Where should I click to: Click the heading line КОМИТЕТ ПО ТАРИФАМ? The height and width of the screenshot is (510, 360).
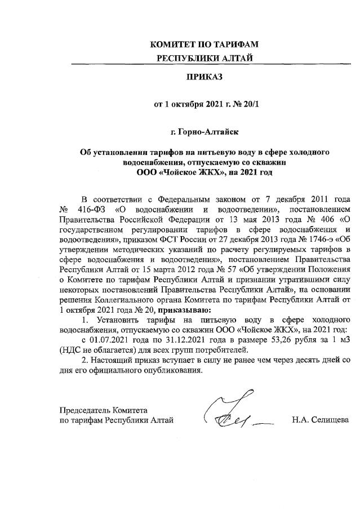click(204, 45)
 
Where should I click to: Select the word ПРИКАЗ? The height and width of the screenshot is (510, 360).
click(204, 74)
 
